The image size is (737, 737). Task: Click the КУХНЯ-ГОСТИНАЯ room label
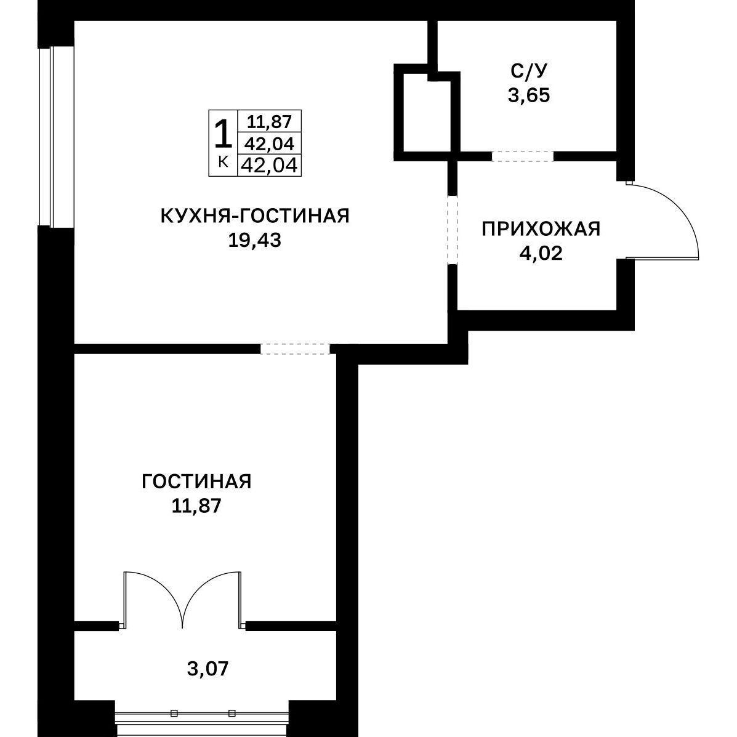click(255, 215)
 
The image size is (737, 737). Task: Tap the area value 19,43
click(255, 241)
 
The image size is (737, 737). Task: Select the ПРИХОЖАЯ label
click(541, 230)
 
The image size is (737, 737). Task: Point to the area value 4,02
click(541, 253)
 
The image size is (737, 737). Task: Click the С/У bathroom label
click(530, 71)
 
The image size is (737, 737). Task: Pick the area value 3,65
click(529, 95)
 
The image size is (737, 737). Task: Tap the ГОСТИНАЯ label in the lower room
click(196, 481)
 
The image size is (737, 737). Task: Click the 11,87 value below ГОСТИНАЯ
click(196, 506)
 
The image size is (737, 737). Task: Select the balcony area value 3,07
click(207, 669)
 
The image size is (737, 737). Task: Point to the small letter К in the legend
click(224, 162)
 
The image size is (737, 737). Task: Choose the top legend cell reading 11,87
click(270, 122)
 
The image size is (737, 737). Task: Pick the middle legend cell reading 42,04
click(270, 144)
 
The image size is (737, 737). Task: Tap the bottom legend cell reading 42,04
click(270, 166)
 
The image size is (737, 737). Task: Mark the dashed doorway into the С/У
click(523, 156)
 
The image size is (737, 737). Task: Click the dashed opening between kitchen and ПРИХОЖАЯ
click(452, 230)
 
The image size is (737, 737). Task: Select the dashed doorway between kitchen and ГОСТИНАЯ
click(295, 348)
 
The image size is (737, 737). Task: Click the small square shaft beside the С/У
click(427, 113)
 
